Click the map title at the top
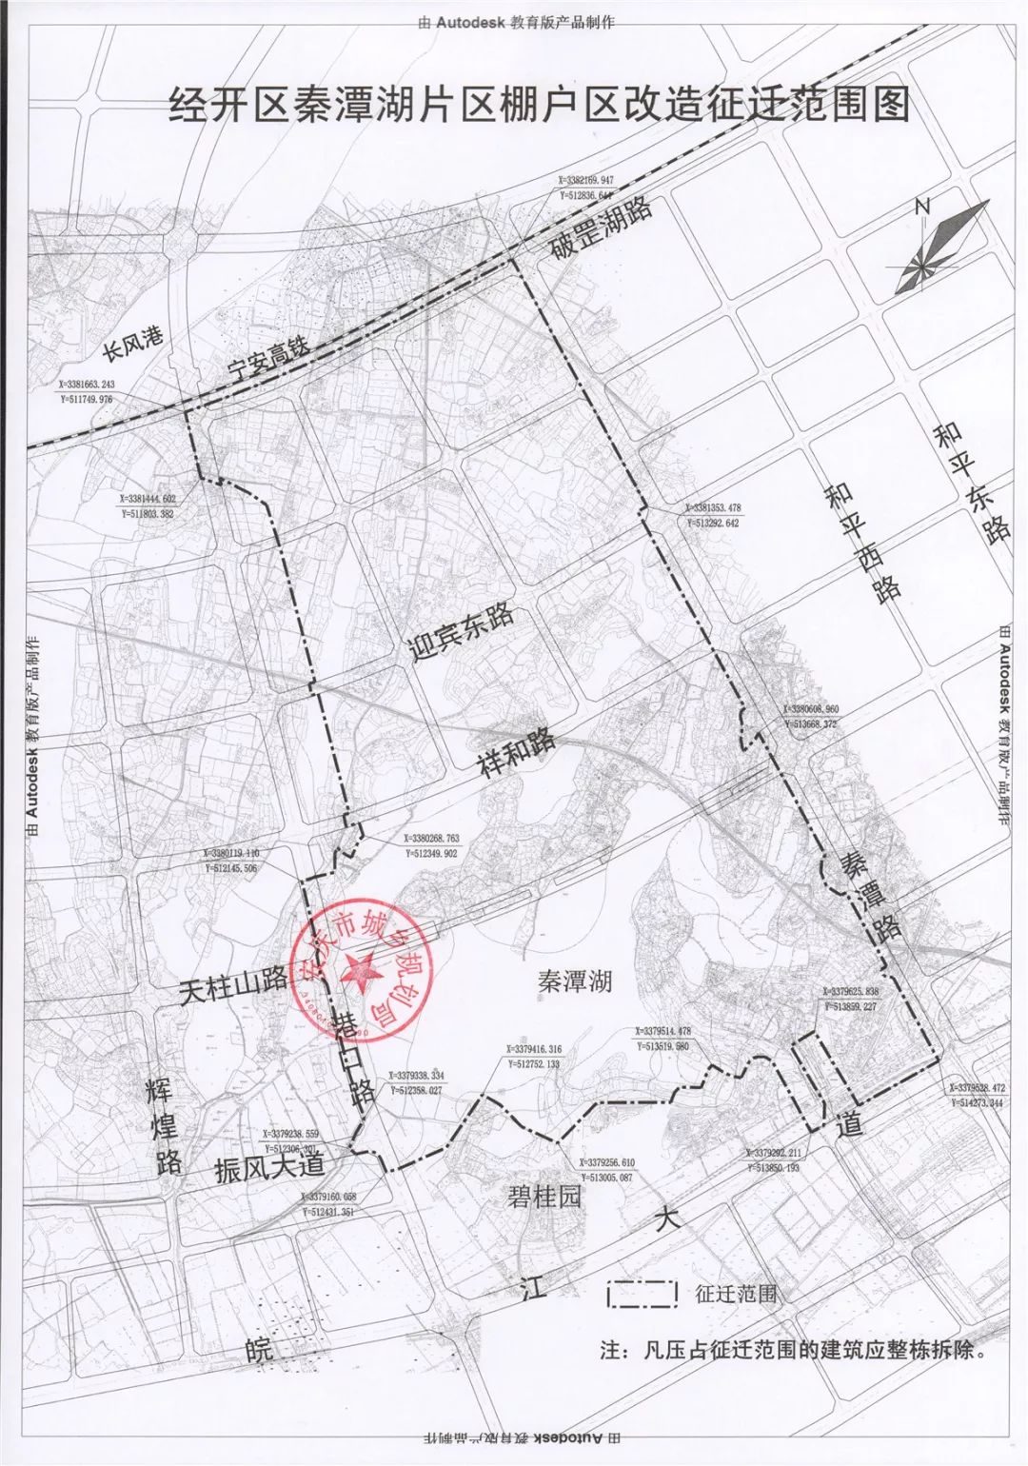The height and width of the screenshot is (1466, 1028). (539, 104)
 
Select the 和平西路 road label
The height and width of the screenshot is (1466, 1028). (862, 541)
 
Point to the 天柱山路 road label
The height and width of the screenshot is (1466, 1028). (232, 987)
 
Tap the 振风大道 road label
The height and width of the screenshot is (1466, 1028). (269, 1165)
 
